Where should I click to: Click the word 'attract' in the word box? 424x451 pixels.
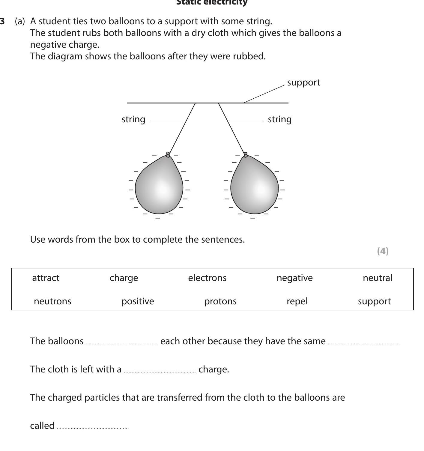click(x=46, y=278)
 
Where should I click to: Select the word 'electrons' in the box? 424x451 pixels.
click(x=207, y=278)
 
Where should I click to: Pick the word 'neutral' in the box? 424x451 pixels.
click(x=377, y=278)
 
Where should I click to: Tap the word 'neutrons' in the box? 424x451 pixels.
click(x=52, y=301)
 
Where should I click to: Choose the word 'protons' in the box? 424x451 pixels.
click(x=220, y=301)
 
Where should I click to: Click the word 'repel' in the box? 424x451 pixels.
click(x=297, y=301)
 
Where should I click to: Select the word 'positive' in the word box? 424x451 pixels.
click(x=137, y=301)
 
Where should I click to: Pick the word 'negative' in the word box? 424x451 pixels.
click(x=294, y=278)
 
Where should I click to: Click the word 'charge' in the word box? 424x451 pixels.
click(x=124, y=278)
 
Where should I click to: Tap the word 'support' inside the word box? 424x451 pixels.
click(x=374, y=301)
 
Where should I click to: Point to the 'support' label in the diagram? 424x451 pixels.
click(x=303, y=82)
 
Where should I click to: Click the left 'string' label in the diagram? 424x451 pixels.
click(x=133, y=119)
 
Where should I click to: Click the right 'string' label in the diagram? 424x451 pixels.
click(x=279, y=119)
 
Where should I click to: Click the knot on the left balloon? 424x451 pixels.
click(x=168, y=154)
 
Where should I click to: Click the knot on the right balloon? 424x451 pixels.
click(x=246, y=154)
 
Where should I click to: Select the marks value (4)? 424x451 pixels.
click(x=383, y=251)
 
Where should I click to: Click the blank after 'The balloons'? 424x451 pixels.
click(x=121, y=342)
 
